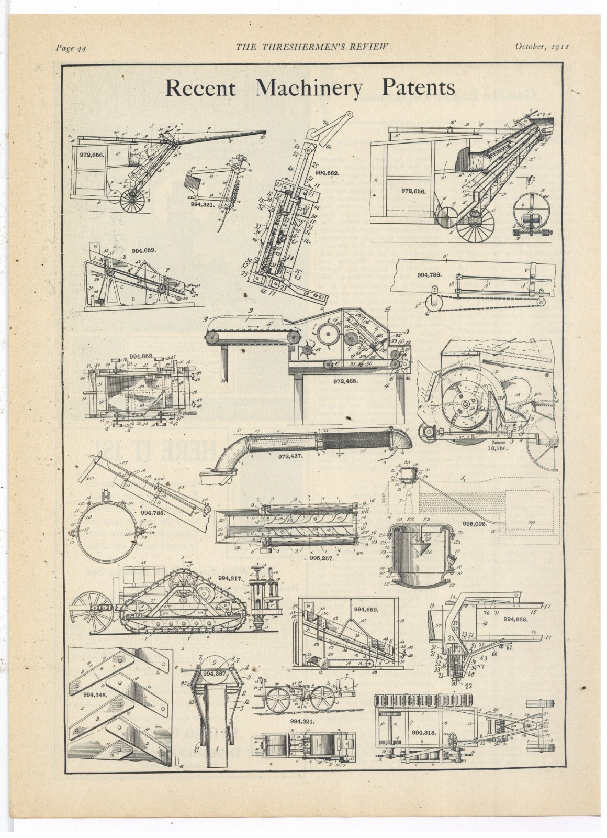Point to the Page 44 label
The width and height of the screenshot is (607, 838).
point(71,49)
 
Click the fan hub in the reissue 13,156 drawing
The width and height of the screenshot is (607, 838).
point(464,390)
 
